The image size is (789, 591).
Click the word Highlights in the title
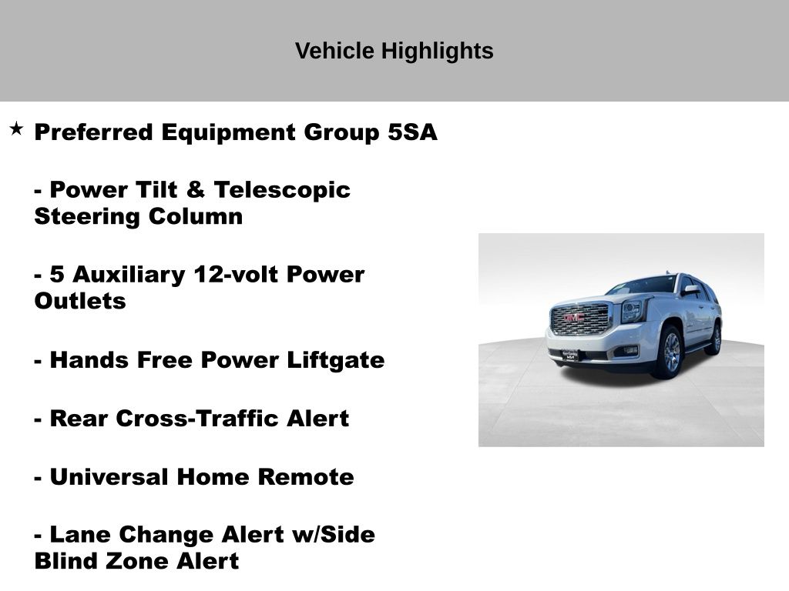(437, 52)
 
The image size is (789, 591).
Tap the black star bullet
(16, 129)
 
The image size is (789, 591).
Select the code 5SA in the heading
(412, 132)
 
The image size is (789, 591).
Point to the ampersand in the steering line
(195, 190)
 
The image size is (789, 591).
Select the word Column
(195, 216)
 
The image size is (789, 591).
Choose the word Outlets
(80, 301)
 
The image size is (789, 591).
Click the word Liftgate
(336, 361)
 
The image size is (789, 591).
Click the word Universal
(109, 477)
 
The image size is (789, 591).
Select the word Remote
(306, 477)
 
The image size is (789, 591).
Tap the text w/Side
(334, 535)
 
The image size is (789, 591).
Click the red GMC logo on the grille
(573, 318)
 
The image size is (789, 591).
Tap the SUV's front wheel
(670, 352)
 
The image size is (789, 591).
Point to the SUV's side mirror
(691, 290)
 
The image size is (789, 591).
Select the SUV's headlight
(631, 312)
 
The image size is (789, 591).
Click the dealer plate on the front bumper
(570, 356)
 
